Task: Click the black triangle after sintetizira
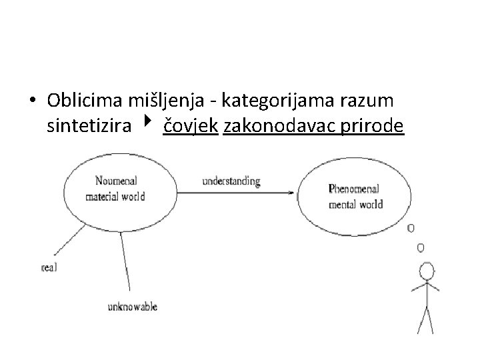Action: coord(146,123)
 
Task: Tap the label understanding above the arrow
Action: coord(231,181)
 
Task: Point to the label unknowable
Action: coord(133,307)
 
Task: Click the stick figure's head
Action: coord(426,271)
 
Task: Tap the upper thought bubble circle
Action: coord(411,228)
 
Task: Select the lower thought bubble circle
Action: coord(420,248)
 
